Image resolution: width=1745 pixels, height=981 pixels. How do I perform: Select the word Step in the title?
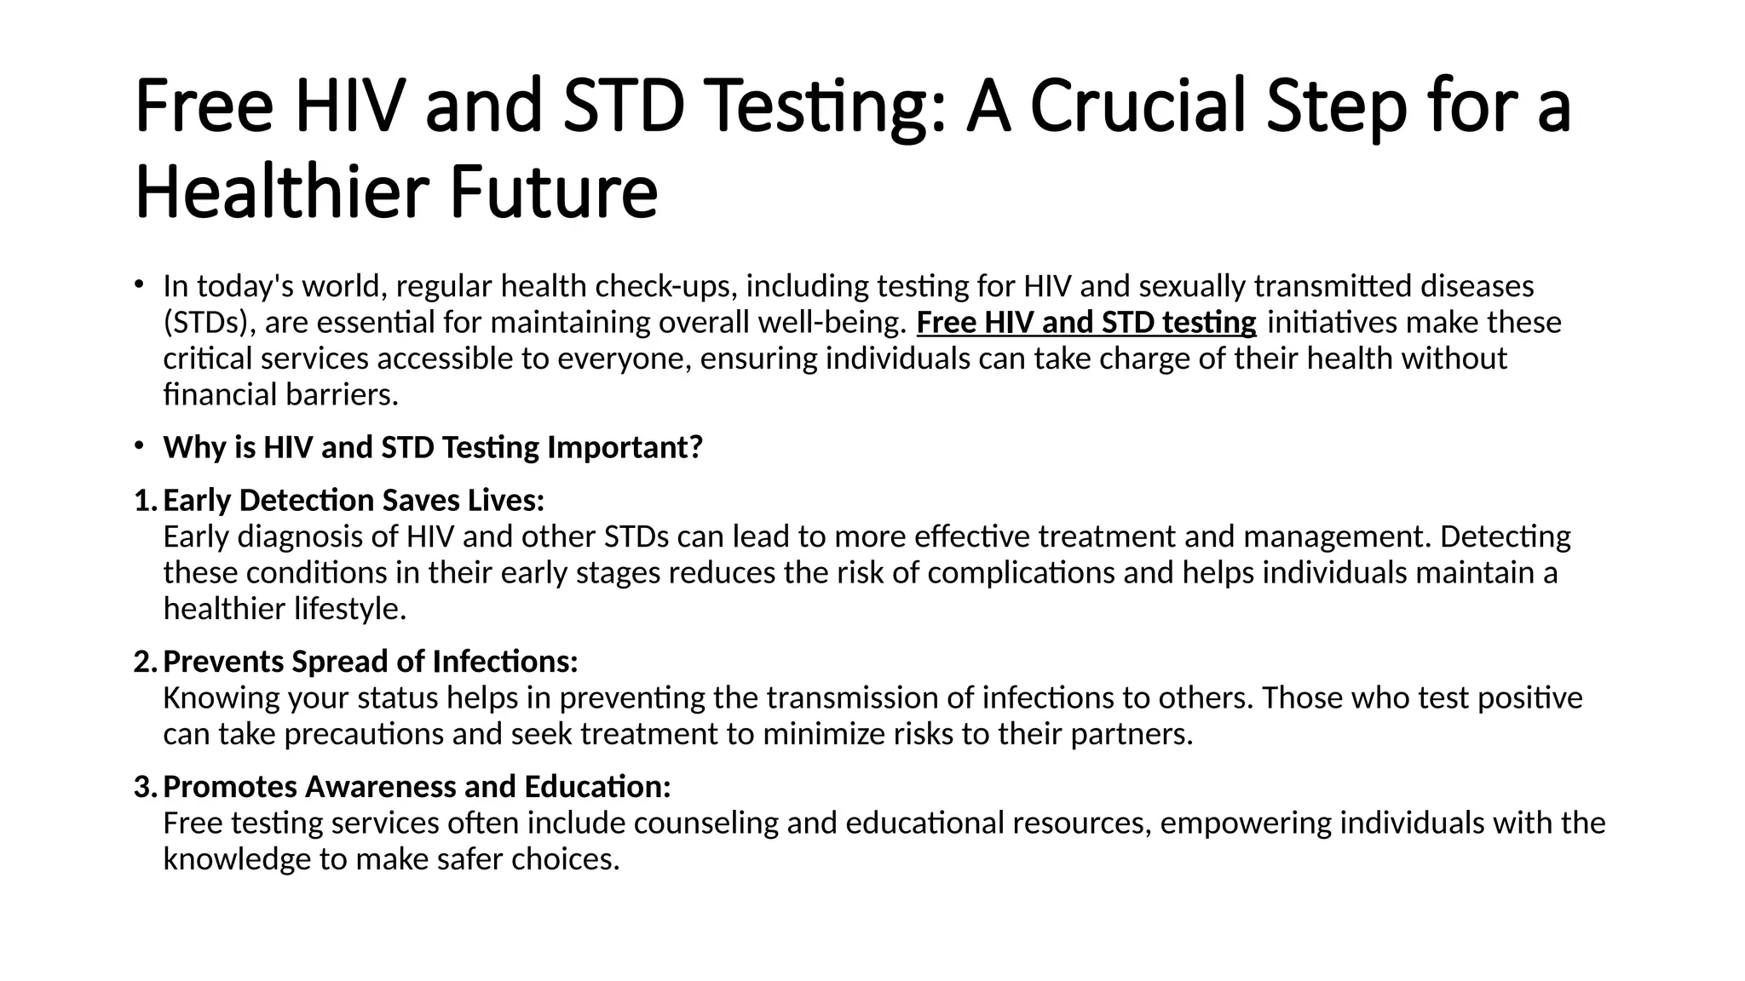[x=1336, y=106]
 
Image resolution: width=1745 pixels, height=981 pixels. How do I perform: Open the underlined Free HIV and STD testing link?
[x=1086, y=323]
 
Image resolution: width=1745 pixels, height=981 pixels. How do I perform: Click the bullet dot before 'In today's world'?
[x=139, y=284]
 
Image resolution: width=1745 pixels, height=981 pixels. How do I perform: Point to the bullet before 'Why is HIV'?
[x=139, y=446]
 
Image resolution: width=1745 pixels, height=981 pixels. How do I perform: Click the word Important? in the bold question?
[x=625, y=447]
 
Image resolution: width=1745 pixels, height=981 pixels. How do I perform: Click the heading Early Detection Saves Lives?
[x=354, y=501]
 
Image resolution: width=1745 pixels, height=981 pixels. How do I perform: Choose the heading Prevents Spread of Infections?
[x=371, y=662]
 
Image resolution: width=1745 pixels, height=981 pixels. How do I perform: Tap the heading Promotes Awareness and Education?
[x=417, y=787]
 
